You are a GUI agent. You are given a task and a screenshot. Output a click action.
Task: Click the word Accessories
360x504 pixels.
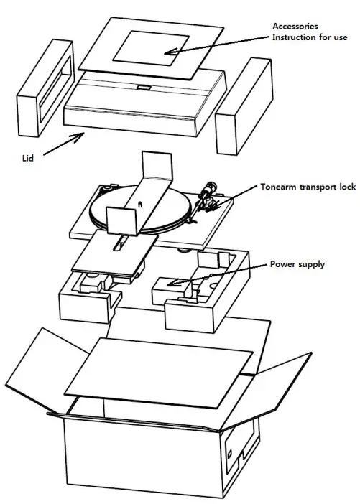tap(295, 27)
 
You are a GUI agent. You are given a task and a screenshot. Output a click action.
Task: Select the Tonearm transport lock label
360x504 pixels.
tap(313, 187)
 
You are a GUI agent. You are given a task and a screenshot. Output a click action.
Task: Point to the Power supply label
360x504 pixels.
tap(297, 264)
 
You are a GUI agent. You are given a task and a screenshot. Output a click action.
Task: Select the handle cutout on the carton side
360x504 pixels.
tap(231, 453)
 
